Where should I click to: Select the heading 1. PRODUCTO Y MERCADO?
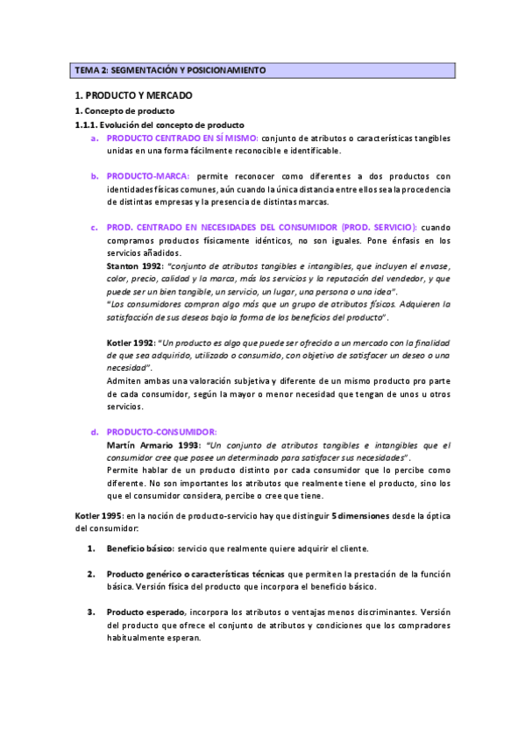(134, 95)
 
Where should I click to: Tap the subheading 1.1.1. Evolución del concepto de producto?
(159, 125)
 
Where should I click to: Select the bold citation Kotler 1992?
(131, 343)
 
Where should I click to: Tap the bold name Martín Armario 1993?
(153, 445)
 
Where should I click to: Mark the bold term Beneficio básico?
(138, 549)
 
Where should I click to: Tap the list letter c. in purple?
(94, 228)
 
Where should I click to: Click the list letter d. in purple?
(94, 433)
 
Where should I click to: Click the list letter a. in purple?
(94, 138)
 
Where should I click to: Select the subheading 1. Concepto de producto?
(124, 112)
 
